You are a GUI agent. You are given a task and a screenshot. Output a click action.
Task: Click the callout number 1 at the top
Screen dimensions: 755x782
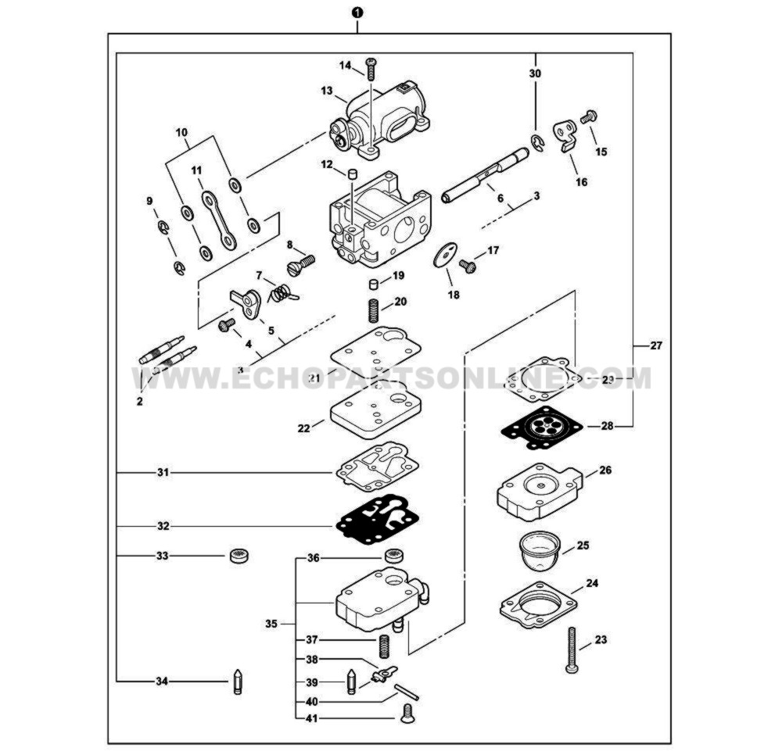pos(357,13)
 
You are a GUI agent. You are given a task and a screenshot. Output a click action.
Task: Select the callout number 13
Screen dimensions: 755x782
pos(327,91)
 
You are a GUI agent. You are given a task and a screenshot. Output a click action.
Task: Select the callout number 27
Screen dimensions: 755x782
pos(655,345)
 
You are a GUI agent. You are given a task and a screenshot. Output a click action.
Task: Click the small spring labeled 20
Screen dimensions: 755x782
pos(374,310)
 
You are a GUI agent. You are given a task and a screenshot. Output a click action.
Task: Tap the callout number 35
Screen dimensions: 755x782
pos(271,624)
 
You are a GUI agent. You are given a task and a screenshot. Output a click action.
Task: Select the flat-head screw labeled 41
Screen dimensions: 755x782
pos(407,711)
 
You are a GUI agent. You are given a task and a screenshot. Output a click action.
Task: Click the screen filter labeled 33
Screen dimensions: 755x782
pos(238,556)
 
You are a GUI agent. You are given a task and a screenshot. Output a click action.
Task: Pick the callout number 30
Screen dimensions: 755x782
pos(536,73)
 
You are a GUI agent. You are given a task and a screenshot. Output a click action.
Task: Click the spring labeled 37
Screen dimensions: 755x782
pos(384,646)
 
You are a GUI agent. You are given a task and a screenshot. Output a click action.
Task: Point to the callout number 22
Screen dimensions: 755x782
pos(304,428)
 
